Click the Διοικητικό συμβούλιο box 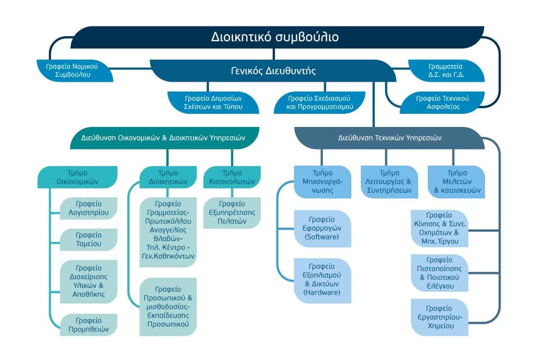(x=277, y=37)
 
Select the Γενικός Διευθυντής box (x=273, y=71)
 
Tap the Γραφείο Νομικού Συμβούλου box (x=75, y=71)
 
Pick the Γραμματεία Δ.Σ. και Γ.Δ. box (x=447, y=71)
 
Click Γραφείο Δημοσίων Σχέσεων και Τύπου (x=213, y=102)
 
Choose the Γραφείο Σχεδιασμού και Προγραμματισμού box (x=320, y=102)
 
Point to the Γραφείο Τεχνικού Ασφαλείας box (x=442, y=102)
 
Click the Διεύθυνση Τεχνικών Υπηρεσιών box (x=389, y=138)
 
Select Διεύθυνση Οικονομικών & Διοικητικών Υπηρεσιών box (x=165, y=138)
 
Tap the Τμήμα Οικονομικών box (x=78, y=177)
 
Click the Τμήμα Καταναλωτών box (x=232, y=177)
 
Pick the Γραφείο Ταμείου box (x=89, y=239)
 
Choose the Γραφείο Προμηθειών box (x=89, y=325)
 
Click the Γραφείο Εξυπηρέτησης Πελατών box (x=232, y=213)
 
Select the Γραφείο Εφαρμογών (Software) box (x=322, y=229)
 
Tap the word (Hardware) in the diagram (x=322, y=292)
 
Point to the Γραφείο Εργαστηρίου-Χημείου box (x=440, y=317)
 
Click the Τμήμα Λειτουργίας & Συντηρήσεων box (x=389, y=182)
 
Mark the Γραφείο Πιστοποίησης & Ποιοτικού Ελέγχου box (x=440, y=273)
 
